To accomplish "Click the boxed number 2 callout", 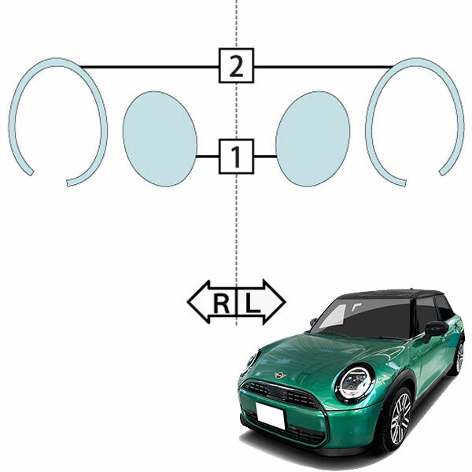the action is [236, 65].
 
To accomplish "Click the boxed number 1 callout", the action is [236, 157].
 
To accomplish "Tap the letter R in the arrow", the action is [222, 304].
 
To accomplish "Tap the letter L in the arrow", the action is [253, 304].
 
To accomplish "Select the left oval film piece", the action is [160, 138].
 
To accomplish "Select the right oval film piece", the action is [313, 138].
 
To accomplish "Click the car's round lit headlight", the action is [356, 383].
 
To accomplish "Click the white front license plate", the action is [270, 415].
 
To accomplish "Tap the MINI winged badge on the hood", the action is [280, 375].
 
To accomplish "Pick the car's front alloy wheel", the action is [399, 419].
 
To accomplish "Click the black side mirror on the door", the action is [435, 331].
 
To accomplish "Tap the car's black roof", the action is [391, 293].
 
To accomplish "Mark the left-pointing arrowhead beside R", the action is [198, 302].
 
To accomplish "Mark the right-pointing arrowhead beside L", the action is [275, 302].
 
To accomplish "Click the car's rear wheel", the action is [459, 358].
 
